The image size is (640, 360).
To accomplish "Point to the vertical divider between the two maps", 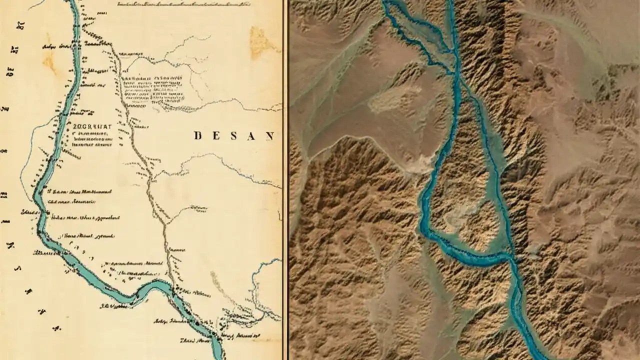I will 285,180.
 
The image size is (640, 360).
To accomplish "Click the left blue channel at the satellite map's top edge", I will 387,3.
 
